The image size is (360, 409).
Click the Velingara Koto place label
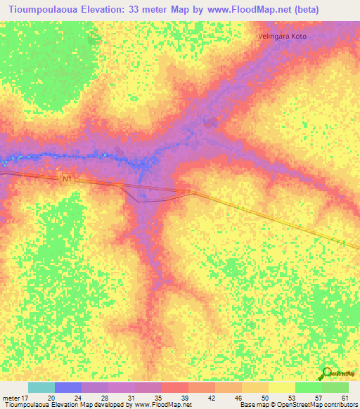283,36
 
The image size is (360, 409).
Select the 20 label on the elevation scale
51,398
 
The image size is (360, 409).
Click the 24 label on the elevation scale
78,398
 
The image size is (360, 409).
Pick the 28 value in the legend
105,398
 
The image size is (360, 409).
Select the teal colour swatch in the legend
41,387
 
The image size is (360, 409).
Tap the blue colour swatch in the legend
68,387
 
